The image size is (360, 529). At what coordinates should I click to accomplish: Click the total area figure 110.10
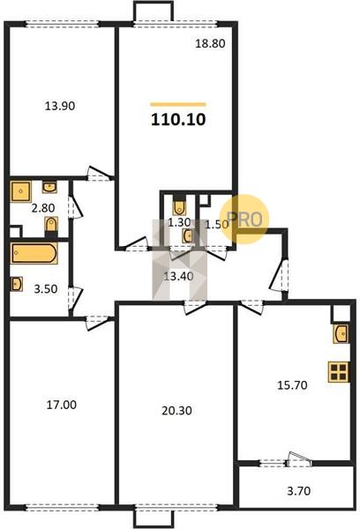(x=178, y=119)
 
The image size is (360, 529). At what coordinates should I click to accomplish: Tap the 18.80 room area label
(x=210, y=43)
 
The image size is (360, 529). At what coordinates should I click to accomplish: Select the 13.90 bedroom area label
(x=60, y=106)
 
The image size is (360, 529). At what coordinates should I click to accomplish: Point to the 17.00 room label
(x=61, y=405)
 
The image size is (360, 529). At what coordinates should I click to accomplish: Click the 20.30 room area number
(x=176, y=411)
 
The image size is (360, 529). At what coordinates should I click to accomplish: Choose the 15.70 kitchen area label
(x=292, y=385)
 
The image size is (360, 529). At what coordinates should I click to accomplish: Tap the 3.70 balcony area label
(x=298, y=491)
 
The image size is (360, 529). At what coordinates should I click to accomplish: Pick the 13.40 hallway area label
(x=178, y=277)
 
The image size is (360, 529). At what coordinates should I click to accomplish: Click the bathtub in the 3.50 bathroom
(x=34, y=253)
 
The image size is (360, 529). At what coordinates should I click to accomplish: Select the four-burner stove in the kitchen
(x=339, y=372)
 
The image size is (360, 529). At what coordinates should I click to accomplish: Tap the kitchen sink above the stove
(x=341, y=334)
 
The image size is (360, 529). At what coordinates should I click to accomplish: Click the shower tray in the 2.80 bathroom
(x=21, y=191)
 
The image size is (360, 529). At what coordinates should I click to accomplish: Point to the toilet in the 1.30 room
(x=179, y=206)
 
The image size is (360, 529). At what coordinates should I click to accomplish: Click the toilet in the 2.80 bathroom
(x=51, y=224)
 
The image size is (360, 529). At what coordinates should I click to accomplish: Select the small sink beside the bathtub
(x=17, y=284)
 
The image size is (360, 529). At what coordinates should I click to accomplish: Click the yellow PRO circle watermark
(x=244, y=220)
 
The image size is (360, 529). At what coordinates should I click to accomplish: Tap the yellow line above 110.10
(x=178, y=105)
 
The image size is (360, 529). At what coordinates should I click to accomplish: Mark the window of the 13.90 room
(x=63, y=24)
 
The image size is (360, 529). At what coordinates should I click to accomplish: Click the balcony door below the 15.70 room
(x=299, y=460)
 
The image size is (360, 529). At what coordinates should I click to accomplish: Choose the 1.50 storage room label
(x=217, y=224)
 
